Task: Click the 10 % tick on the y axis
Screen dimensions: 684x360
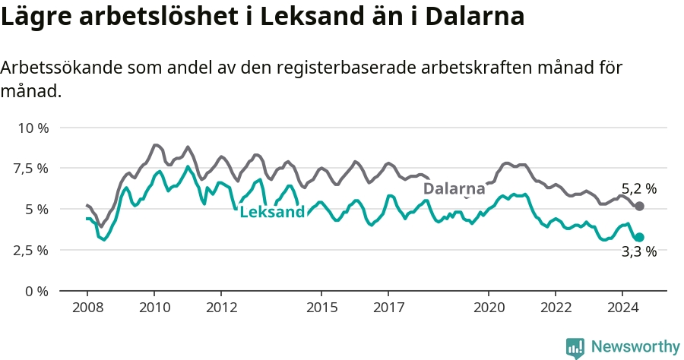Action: (33, 128)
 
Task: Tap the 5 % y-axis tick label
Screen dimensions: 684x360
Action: (36, 210)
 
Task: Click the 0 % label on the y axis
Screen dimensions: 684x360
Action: (36, 291)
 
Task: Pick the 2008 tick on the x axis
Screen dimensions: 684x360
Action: (87, 308)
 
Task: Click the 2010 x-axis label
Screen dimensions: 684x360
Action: (154, 308)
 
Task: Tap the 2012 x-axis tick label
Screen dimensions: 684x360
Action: (222, 308)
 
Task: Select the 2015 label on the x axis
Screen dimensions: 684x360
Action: (322, 308)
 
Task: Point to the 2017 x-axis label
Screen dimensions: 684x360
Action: (388, 308)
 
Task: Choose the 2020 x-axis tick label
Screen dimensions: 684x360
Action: (489, 308)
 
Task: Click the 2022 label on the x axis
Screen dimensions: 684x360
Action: (556, 308)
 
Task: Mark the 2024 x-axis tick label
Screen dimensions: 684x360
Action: (623, 308)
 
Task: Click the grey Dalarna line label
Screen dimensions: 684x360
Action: (454, 188)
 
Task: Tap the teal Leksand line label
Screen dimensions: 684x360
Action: (272, 212)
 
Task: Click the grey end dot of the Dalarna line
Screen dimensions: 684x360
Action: (639, 206)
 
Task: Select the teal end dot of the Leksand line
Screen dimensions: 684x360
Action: (639, 237)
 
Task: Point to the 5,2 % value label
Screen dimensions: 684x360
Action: (639, 188)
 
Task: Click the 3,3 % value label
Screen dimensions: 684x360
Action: (639, 251)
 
